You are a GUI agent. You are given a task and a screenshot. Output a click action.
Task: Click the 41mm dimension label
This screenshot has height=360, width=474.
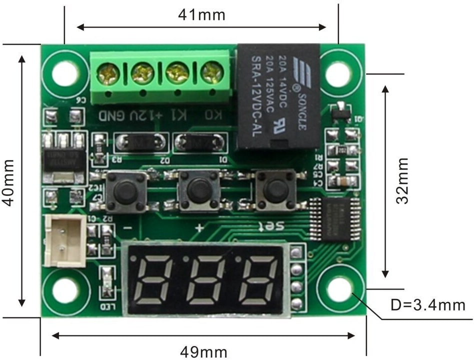201,14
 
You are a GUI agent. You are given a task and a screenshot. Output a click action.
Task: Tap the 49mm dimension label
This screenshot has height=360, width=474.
203,351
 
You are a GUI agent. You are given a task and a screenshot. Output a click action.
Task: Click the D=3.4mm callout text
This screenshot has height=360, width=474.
428,304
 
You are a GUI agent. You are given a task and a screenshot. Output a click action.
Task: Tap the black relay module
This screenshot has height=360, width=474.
278,96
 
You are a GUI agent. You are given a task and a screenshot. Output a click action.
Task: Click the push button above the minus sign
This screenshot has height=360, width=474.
125,190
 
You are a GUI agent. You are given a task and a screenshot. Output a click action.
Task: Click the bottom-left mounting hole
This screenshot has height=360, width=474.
63,290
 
